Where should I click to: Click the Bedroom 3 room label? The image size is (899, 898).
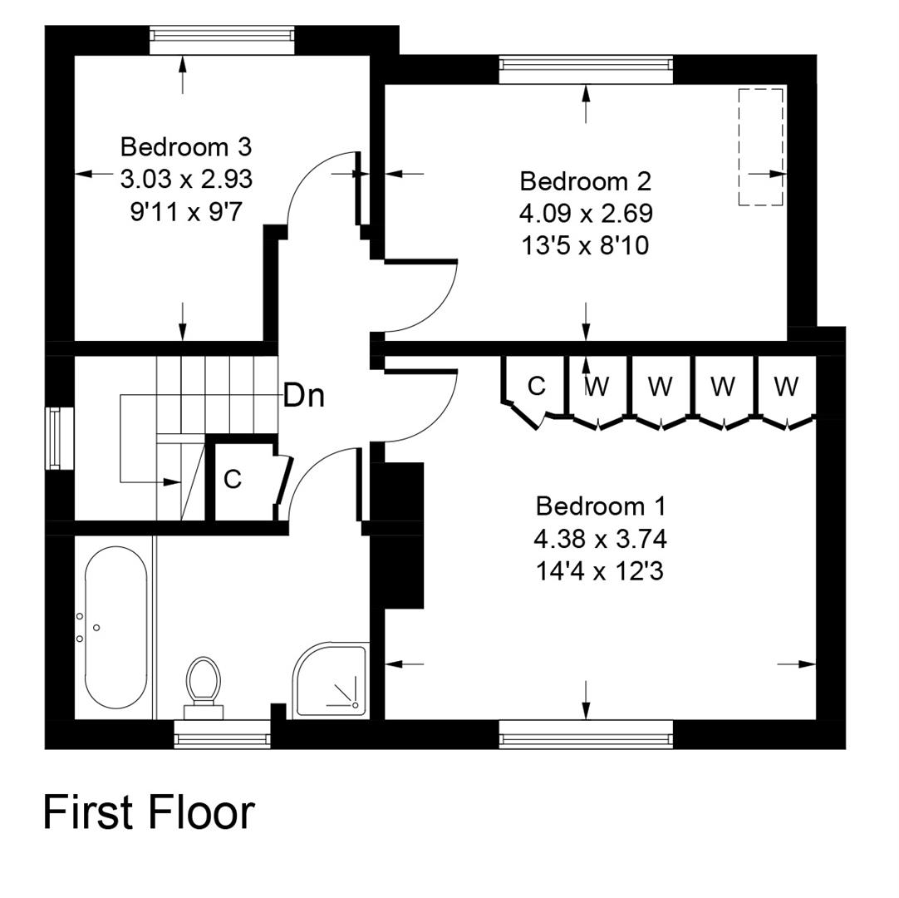point(186,147)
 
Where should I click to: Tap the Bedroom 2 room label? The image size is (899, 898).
point(585,181)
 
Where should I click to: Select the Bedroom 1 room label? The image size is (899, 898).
point(600,506)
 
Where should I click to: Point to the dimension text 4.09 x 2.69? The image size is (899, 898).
point(586,214)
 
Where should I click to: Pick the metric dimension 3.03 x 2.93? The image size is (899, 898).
point(186,179)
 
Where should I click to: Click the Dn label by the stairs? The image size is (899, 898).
point(303,396)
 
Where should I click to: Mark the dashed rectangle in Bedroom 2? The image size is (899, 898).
point(760,146)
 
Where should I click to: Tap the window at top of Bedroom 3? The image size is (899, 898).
point(222,40)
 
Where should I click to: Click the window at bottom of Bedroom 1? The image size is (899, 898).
point(586,734)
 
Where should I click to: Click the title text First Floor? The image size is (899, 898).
point(149,812)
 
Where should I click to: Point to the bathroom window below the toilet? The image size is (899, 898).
point(222,734)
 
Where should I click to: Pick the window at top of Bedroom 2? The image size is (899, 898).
point(586,69)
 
